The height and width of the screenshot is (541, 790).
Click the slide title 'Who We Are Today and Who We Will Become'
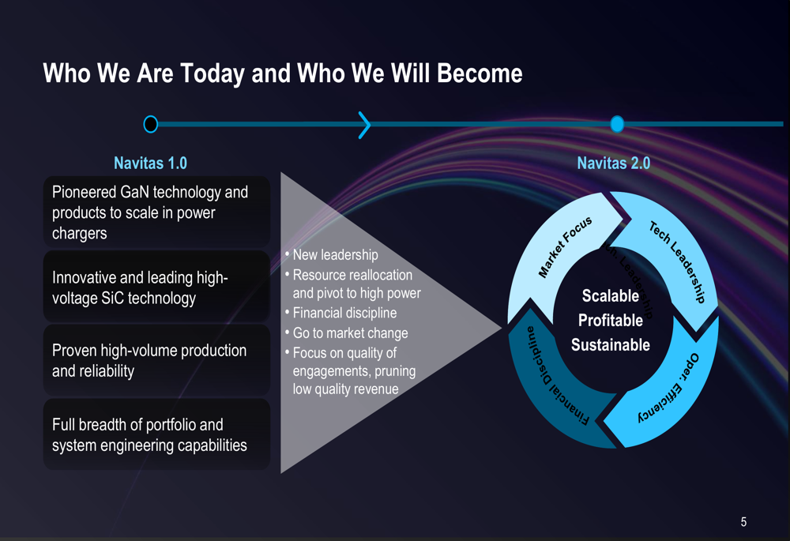coord(282,74)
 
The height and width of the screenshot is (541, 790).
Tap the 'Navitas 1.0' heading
coord(150,163)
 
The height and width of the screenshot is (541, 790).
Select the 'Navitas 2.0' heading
coord(613,163)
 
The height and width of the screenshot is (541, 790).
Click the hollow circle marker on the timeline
coord(150,124)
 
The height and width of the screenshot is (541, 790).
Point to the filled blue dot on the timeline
coord(617,124)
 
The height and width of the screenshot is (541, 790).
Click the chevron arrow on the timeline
coord(364,124)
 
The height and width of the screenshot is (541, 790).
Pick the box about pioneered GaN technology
coord(156,212)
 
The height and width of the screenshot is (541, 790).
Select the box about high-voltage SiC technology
coord(156,287)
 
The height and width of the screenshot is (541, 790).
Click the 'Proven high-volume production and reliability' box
coord(156,360)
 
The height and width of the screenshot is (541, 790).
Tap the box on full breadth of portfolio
coord(156,434)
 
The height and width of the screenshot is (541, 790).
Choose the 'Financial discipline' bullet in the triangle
coord(344,314)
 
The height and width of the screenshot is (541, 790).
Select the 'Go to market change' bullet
coord(350,333)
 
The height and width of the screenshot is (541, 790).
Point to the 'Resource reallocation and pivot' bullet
coord(352,284)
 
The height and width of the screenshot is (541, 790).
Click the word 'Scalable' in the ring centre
coord(610,296)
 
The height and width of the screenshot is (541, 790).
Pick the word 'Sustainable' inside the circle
coord(610,345)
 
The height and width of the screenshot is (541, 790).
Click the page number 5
coord(743,521)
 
